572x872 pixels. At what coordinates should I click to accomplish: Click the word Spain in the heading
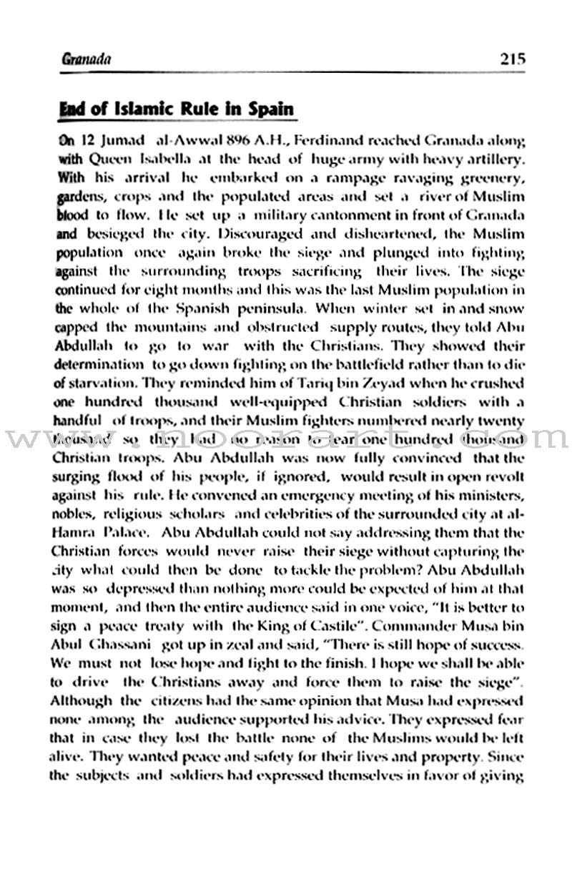(x=268, y=109)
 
